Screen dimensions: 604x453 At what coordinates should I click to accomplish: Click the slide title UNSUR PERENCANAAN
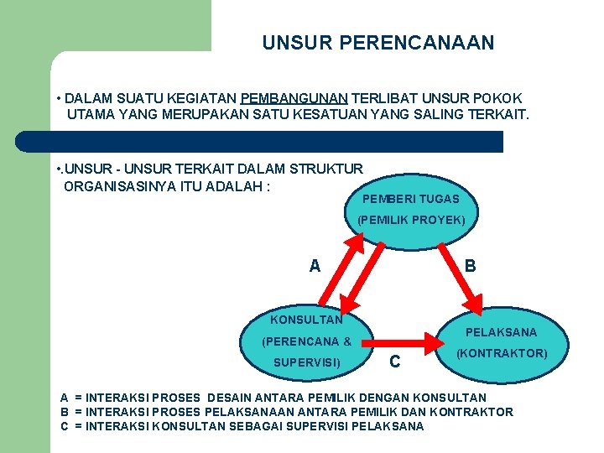377,42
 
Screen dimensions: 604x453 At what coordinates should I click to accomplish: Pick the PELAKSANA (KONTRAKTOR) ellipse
501,342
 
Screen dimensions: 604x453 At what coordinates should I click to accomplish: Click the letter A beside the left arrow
315,267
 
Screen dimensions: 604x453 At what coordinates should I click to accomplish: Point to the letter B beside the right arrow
471,266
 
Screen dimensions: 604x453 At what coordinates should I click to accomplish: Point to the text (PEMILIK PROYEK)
411,221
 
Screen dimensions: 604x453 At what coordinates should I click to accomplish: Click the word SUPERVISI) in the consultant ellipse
307,363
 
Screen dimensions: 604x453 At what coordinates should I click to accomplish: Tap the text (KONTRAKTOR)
502,353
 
